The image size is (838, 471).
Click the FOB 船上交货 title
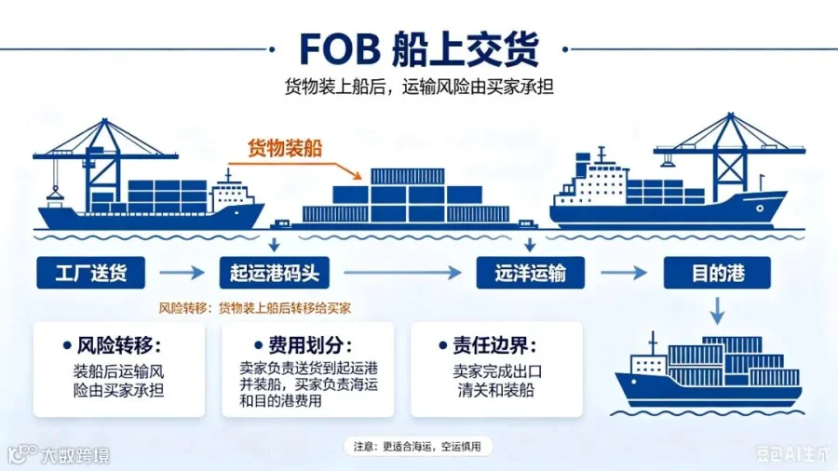point(419,49)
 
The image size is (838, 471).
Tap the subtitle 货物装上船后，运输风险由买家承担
point(419,87)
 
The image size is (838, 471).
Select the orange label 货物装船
point(285,148)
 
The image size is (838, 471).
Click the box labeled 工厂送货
point(91,273)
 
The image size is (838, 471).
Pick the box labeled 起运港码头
point(274,273)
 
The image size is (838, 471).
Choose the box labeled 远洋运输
point(530,273)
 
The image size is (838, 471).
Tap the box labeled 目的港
point(717,273)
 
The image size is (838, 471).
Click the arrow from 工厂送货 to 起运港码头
point(182,273)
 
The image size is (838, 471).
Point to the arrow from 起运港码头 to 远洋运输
point(402,273)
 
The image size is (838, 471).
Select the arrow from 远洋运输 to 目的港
point(624,273)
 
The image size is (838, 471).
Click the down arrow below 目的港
point(717,311)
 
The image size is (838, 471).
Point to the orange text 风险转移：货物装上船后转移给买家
point(255,308)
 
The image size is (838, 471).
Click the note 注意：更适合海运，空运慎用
point(417,447)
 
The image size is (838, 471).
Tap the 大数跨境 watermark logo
point(59,455)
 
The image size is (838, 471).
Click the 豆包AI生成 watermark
point(793,454)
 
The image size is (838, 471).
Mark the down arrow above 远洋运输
point(530,244)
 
